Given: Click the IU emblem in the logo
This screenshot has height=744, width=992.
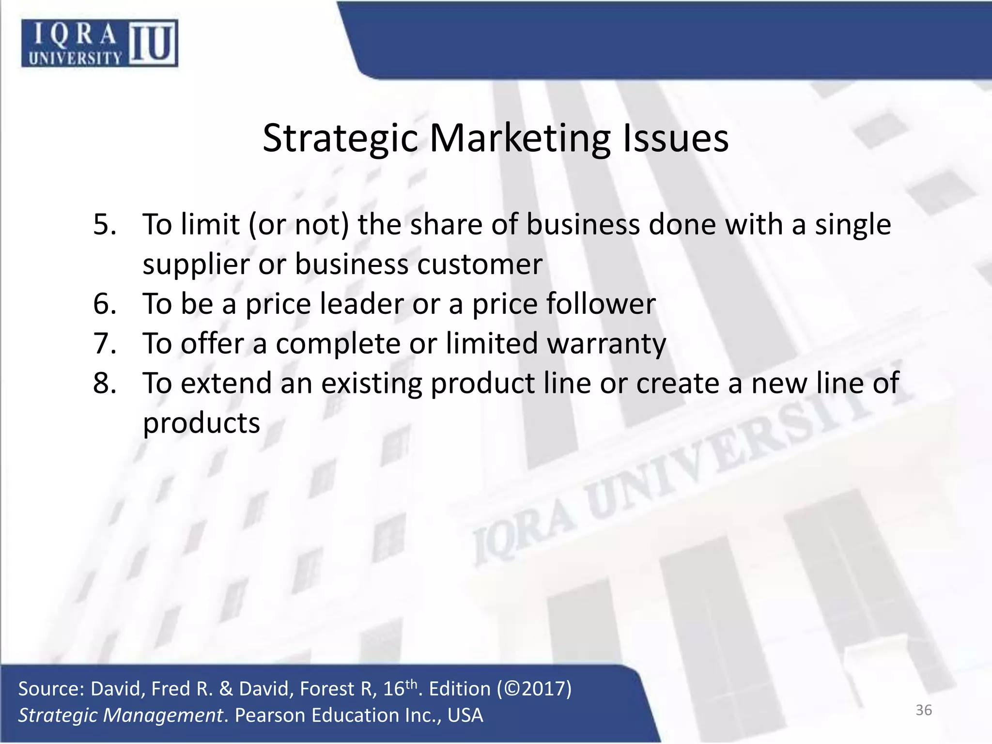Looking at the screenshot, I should click(x=153, y=43).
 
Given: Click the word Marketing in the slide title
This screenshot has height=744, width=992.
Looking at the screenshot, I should click(x=520, y=139).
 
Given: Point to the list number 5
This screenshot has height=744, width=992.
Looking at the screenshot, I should click(x=105, y=225).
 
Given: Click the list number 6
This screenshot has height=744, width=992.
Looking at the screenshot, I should click(x=105, y=304).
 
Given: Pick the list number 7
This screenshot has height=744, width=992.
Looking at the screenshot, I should click(x=105, y=344).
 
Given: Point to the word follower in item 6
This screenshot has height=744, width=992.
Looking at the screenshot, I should click(x=601, y=304).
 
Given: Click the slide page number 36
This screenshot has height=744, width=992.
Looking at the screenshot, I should click(x=924, y=711).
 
